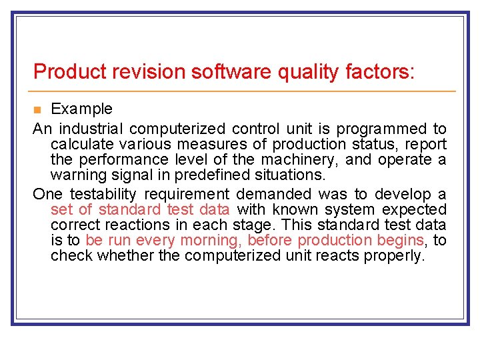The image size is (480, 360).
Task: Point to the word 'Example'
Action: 82,109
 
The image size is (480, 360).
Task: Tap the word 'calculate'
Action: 81,144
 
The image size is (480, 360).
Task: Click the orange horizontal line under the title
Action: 244,91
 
